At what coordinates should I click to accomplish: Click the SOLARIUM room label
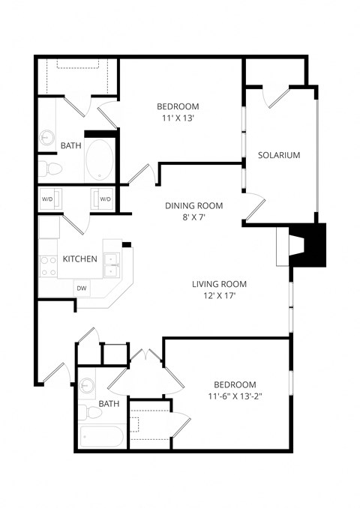(278, 156)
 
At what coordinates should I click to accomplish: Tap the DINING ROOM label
(193, 205)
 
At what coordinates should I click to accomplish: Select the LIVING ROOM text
(219, 284)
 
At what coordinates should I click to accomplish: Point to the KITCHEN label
(79, 259)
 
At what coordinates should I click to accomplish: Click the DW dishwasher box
(81, 288)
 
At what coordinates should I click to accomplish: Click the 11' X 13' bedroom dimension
(177, 118)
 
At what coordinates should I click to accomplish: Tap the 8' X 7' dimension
(193, 217)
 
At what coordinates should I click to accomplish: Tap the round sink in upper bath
(47, 138)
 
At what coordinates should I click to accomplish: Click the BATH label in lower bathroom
(109, 404)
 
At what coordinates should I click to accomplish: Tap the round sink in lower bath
(88, 386)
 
